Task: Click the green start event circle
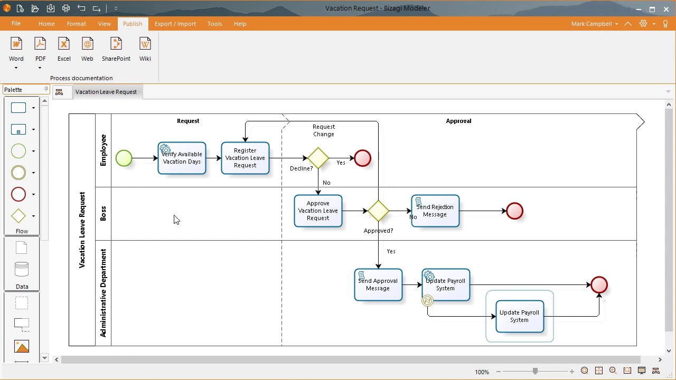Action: click(x=124, y=158)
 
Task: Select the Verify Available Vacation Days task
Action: click(x=182, y=158)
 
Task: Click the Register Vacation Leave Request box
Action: click(x=245, y=158)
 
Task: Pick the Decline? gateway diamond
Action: click(x=318, y=158)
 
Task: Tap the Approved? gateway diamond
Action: click(x=378, y=211)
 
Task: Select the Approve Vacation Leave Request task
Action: click(x=318, y=211)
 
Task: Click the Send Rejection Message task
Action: click(x=435, y=211)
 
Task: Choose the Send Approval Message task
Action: click(x=378, y=284)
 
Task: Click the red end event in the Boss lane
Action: click(x=514, y=211)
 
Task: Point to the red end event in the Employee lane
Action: click(x=362, y=158)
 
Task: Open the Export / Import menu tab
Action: click(x=175, y=24)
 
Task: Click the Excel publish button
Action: click(x=64, y=50)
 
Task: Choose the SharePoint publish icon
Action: click(x=116, y=50)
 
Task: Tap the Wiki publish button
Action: click(x=145, y=50)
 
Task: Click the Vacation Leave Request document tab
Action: click(x=106, y=92)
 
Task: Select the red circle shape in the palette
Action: click(x=18, y=194)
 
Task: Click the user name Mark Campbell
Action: click(x=591, y=24)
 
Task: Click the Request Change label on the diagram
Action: click(x=324, y=130)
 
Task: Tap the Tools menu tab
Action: click(x=214, y=24)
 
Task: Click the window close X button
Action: click(x=666, y=9)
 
